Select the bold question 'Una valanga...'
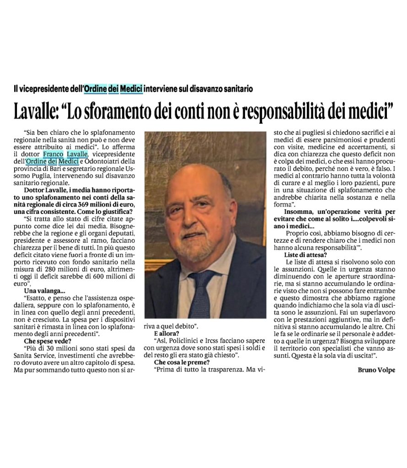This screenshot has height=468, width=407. pyautogui.click(x=42, y=291)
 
